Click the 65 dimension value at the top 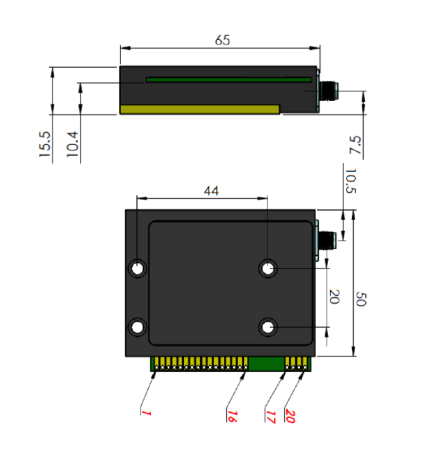pos(222,40)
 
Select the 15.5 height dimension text pos(45,144)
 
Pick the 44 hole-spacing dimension pos(211,191)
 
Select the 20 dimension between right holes pos(334,297)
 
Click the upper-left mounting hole pos(138,269)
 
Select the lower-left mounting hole pos(138,327)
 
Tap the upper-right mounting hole pos(269,269)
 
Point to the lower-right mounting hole pos(269,327)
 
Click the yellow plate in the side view pos(200,109)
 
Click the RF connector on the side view pos(328,90)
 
